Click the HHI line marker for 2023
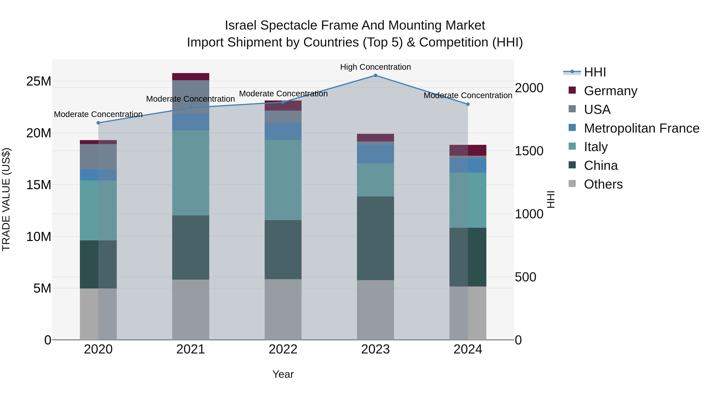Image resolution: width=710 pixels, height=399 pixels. coord(375,75)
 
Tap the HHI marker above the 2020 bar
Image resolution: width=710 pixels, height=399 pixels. coord(98,123)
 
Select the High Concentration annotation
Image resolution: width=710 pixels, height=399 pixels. coord(375,67)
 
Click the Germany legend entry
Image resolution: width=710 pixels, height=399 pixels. coord(610,91)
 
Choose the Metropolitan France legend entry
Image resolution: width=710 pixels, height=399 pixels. coord(641,128)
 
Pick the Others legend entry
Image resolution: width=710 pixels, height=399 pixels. coord(603,184)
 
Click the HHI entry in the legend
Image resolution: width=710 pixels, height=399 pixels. coord(595,72)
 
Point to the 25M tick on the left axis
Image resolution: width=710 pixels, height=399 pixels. coord(39,81)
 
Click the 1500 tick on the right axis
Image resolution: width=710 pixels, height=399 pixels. coord(529,151)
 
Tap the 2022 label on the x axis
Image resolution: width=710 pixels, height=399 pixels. coord(283,349)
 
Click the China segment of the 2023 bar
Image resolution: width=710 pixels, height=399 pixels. coord(375,238)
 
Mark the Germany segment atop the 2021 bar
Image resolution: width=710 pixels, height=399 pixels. coord(191,77)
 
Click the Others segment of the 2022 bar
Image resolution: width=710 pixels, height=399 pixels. coord(283,310)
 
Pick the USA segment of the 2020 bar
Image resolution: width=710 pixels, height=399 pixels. coord(98,157)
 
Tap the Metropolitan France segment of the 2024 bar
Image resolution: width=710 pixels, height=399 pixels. coord(468,165)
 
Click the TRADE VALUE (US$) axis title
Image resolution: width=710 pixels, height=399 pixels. coord(6,199)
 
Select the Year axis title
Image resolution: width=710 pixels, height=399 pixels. coord(283,374)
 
